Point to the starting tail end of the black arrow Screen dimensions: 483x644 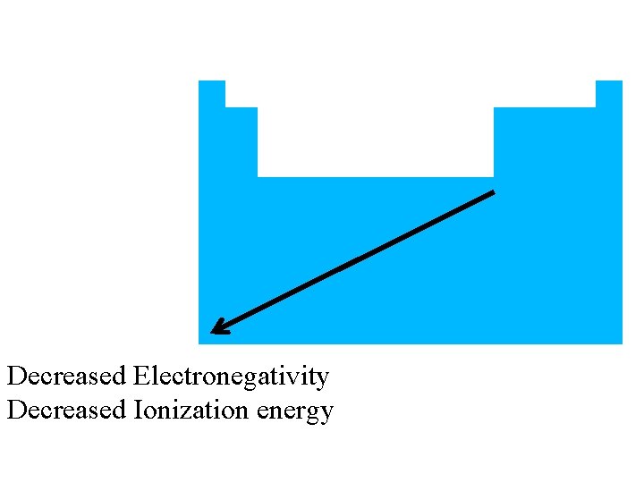coord(493,192)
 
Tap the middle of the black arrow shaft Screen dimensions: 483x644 coord(354,261)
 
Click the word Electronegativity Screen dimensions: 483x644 coord(231,377)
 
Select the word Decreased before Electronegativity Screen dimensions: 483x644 coord(66,377)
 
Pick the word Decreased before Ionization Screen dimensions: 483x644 coord(66,411)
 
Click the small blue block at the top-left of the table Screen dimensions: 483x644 coord(211,93)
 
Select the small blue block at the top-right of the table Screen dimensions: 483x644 coord(608,93)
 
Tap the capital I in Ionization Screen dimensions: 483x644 coord(137,411)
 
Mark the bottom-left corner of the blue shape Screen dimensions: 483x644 coord(199,343)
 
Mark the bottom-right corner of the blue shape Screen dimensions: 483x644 coord(621,343)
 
